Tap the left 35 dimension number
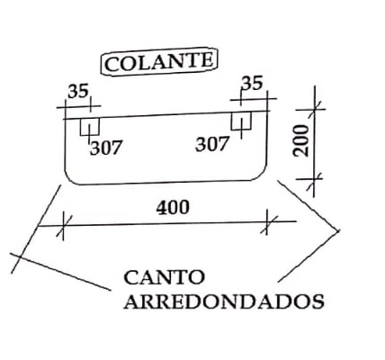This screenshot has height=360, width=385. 78,91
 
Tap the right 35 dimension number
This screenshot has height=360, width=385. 252,84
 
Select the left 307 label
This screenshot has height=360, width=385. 106,148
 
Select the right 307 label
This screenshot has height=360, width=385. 212,144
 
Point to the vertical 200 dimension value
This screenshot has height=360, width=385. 301,140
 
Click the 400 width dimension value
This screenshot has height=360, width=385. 173,207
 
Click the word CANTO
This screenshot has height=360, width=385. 165,277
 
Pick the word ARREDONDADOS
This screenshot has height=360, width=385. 224,301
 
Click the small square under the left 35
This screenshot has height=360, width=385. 90,127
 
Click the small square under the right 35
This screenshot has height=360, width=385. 241,121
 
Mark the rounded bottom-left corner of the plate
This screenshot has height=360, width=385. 70,179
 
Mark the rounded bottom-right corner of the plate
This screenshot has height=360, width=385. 262,175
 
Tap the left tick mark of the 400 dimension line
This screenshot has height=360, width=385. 63,226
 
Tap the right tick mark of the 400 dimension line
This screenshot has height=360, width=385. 267,222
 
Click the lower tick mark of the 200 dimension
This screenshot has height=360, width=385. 314,179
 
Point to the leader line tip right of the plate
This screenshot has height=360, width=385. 339,231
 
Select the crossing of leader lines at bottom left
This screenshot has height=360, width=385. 19,256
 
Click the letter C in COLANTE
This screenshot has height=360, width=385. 111,65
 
